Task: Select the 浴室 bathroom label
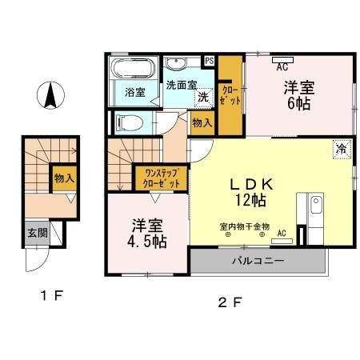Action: [x=134, y=92]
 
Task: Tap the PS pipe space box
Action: [x=210, y=61]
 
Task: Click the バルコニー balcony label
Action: [x=258, y=261]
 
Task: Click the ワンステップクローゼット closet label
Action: [x=162, y=177]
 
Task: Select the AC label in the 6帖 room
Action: [x=282, y=68]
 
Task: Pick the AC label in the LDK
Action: [x=282, y=233]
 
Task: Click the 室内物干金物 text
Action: [x=244, y=226]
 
